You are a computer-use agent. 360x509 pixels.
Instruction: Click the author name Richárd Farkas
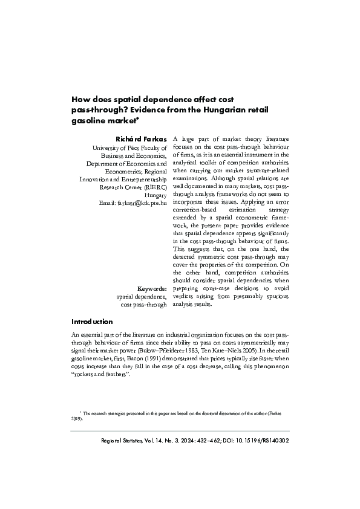pos(145,140)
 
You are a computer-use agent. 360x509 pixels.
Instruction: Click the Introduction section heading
pos(92,322)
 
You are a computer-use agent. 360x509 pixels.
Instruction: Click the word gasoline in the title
pos(88,121)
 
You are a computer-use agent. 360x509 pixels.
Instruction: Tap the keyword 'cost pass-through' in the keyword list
pos(144,305)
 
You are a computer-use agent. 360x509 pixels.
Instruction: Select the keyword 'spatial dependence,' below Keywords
pos(141,297)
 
